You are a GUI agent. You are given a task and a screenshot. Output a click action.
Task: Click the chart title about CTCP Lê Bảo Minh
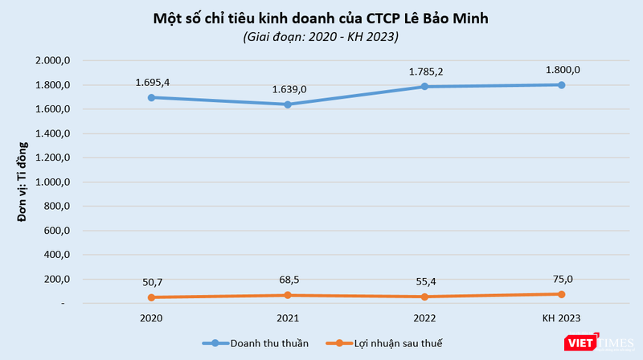pyautogui.click(x=321, y=18)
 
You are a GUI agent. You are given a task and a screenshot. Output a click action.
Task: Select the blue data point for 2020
pyautogui.click(x=153, y=97)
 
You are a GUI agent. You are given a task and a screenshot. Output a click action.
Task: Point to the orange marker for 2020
pyautogui.click(x=153, y=297)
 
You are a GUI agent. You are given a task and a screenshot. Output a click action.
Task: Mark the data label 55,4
pyautogui.click(x=425, y=281)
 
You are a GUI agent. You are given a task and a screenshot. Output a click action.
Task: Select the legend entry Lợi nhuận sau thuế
pyautogui.click(x=394, y=343)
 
